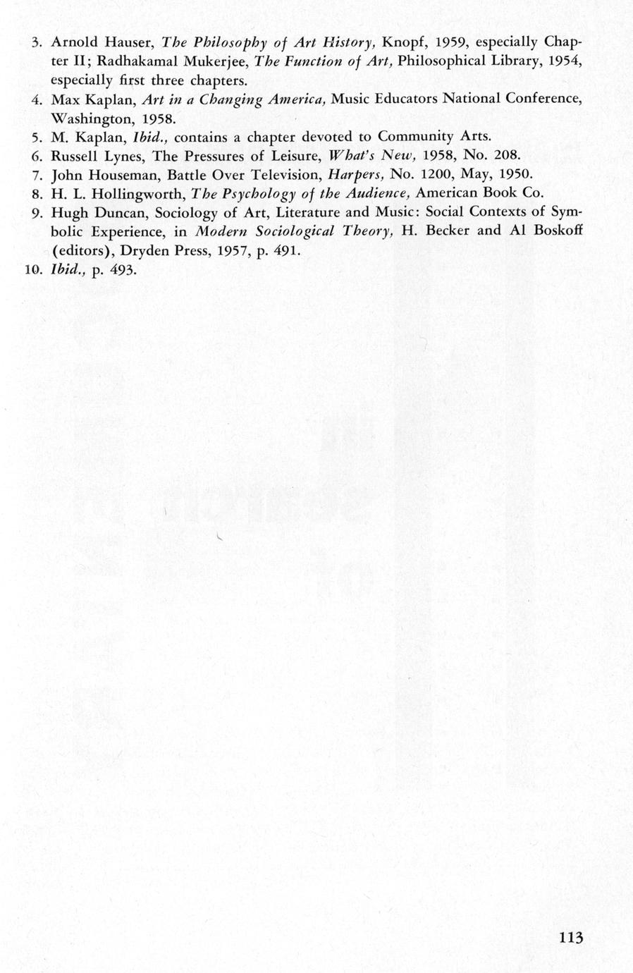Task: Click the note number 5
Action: click(39, 136)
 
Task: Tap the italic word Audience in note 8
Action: click(374, 193)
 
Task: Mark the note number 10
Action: click(35, 270)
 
